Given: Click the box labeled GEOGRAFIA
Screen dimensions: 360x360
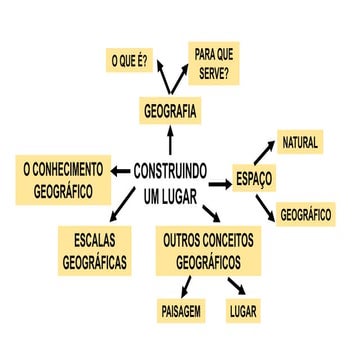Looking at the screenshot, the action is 170,110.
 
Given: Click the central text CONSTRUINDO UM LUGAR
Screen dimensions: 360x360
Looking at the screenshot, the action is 170,181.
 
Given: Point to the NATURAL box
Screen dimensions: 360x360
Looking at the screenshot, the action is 299,143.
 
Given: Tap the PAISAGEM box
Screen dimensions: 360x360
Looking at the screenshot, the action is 181,311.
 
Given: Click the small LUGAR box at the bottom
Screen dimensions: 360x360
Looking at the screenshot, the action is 243,311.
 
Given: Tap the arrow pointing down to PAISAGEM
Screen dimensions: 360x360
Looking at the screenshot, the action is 188,287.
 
